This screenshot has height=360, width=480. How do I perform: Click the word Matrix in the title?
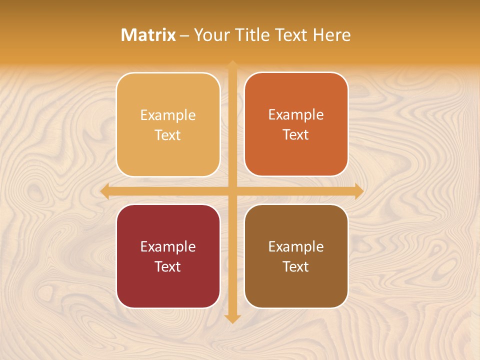click(x=148, y=35)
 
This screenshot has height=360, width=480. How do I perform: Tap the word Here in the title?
click(x=332, y=35)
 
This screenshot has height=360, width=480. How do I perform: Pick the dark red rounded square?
click(x=168, y=290)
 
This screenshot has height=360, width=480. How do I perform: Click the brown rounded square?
click(x=296, y=290)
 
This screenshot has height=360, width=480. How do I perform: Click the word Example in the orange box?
click(x=296, y=114)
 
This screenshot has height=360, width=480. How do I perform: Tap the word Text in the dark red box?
click(x=168, y=266)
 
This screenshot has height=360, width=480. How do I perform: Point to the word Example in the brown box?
click(x=296, y=246)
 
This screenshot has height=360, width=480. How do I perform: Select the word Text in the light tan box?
click(x=168, y=135)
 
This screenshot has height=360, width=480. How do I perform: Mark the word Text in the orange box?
click(x=296, y=134)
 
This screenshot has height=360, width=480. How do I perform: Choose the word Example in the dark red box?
click(x=168, y=246)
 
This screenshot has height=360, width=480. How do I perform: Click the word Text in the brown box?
click(x=296, y=266)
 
